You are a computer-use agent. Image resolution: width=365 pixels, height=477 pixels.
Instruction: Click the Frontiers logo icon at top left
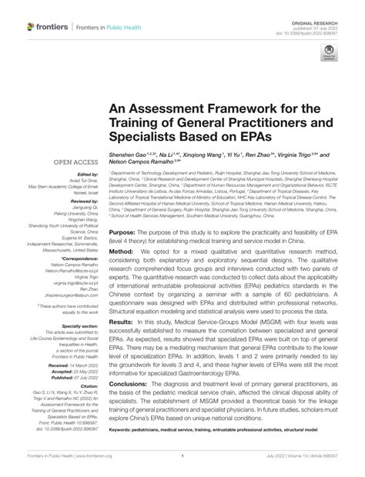[x=31, y=27]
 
